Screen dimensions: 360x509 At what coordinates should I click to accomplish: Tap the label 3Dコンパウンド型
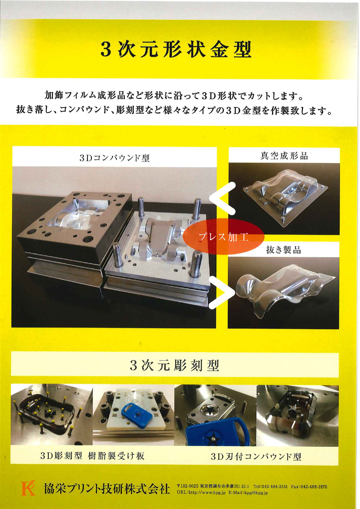coord(115,158)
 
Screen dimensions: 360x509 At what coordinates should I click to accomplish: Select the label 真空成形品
coord(284,156)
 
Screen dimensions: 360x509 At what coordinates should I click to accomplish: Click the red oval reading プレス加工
coord(223,237)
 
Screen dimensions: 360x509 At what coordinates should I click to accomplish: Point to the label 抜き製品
coord(283,249)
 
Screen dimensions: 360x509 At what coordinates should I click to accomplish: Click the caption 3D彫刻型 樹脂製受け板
coord(93,456)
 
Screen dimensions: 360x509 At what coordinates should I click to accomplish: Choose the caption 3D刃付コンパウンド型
coord(256,457)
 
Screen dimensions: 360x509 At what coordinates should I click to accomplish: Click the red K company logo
coord(28,488)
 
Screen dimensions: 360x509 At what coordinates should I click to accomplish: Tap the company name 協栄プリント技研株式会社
coord(106,489)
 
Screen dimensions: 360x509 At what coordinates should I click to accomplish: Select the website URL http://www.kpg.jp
coord(201,492)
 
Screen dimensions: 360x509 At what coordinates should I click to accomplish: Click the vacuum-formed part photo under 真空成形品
coord(284,199)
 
